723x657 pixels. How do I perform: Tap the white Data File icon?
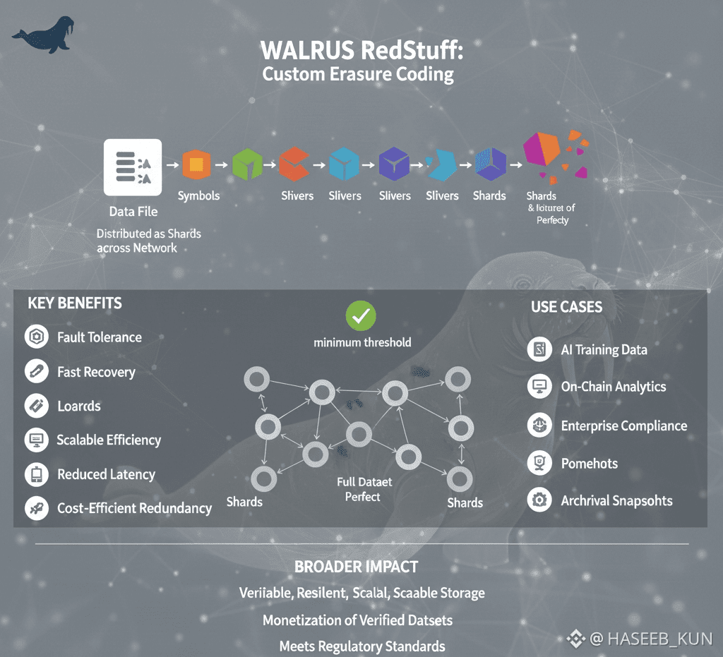[133, 167]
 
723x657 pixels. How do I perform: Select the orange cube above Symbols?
[196, 164]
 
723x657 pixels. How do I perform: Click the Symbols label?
[198, 195]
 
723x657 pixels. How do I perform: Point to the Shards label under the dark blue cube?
[489, 195]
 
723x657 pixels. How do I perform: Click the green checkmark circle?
[361, 317]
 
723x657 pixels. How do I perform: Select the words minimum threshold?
[362, 342]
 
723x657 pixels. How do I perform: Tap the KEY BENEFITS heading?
[75, 303]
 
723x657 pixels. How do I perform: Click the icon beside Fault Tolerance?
[35, 337]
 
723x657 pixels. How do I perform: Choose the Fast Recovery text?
[96, 372]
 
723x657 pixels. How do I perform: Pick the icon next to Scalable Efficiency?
[35, 440]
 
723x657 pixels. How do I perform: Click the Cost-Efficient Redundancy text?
[134, 508]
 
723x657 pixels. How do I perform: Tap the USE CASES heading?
[566, 307]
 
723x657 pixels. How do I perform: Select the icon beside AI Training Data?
[539, 349]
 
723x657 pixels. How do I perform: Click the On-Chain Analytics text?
[613, 387]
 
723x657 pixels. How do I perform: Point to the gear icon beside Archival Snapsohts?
[539, 501]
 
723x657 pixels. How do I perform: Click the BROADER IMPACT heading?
[356, 567]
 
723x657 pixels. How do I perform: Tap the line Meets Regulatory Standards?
[362, 646]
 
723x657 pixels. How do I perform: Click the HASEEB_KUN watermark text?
[650, 639]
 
